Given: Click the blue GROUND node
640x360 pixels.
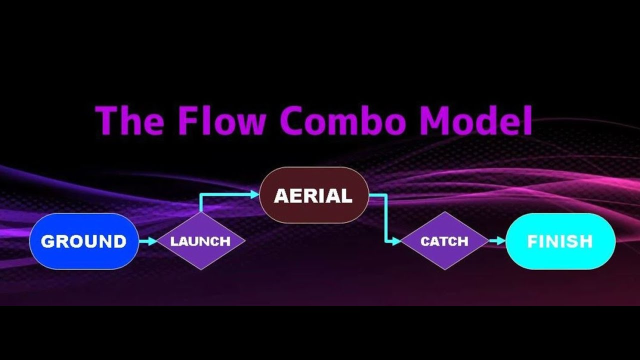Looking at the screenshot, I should click(x=84, y=241).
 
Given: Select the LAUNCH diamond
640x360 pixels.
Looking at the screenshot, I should click(x=200, y=241).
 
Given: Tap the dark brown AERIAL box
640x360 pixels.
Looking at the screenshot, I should click(x=314, y=195).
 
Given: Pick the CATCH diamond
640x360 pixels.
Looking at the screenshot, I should click(x=444, y=241).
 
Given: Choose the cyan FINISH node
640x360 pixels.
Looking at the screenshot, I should click(x=560, y=241).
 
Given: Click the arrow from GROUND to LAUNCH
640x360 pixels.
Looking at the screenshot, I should click(x=147, y=241).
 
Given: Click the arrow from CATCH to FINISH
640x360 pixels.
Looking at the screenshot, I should click(x=497, y=241).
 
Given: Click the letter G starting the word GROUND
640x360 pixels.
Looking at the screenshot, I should click(x=47, y=241).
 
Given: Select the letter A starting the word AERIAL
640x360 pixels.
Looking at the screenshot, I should click(x=280, y=196).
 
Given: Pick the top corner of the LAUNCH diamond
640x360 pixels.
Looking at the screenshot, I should click(x=200, y=212).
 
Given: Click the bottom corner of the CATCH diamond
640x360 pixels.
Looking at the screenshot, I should click(x=444, y=269).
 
